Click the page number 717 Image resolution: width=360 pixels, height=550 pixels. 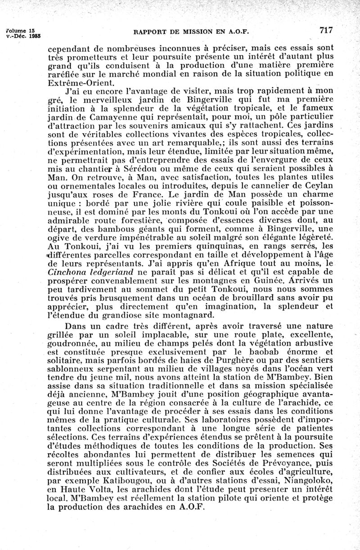pos(326,31)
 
